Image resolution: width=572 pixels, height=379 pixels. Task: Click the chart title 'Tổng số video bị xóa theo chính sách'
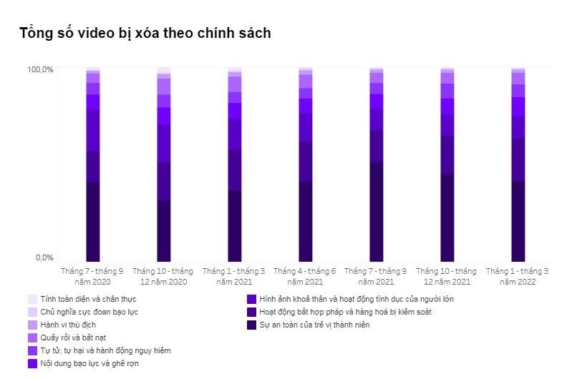pyautogui.click(x=145, y=33)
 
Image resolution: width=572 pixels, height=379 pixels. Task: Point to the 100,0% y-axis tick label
pyautogui.click(x=40, y=69)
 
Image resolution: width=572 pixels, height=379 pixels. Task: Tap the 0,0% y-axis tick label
pyautogui.click(x=44, y=257)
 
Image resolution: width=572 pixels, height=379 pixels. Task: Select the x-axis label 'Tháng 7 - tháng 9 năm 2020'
pyautogui.click(x=92, y=277)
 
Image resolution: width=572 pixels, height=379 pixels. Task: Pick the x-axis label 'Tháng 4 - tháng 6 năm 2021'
pyautogui.click(x=304, y=277)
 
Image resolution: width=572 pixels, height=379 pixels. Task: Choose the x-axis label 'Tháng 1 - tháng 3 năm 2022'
pyautogui.click(x=517, y=277)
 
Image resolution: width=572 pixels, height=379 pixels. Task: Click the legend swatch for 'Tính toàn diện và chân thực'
pyautogui.click(x=32, y=299)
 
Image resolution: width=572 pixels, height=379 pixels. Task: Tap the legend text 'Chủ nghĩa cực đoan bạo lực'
pyautogui.click(x=89, y=312)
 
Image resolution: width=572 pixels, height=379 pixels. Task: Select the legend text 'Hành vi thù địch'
pyautogui.click(x=69, y=325)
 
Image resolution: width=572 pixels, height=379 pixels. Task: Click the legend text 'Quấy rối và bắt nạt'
pyautogui.click(x=74, y=338)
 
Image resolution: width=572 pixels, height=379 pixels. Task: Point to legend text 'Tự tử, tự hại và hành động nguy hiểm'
pyautogui.click(x=106, y=350)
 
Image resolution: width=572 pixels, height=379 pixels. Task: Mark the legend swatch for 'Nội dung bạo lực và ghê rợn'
pyautogui.click(x=32, y=363)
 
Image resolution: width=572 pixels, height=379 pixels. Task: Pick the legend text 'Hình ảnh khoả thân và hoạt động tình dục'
pyautogui.click(x=357, y=299)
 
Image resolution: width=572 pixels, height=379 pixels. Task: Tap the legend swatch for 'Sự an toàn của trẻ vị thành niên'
pyautogui.click(x=251, y=325)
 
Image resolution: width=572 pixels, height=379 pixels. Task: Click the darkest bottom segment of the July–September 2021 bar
pyautogui.click(x=376, y=212)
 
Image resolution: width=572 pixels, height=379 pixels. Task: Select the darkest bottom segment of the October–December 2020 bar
pyautogui.click(x=164, y=231)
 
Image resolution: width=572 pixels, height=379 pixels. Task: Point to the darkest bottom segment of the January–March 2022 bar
pyautogui.click(x=518, y=221)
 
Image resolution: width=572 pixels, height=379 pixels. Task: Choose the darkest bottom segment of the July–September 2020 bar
pyautogui.click(x=93, y=222)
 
